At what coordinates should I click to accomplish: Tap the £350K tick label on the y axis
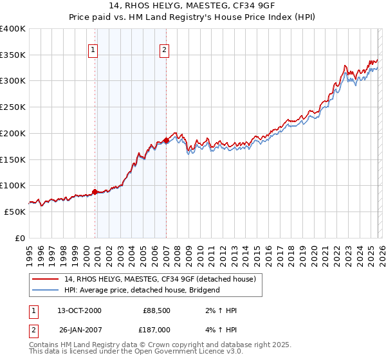point(13,55)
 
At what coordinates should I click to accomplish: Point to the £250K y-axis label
point(13,107)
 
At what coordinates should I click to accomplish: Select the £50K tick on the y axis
point(15,212)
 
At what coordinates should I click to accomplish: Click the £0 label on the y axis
point(21,238)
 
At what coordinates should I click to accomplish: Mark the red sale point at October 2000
point(95,192)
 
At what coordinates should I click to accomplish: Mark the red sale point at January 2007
point(167,140)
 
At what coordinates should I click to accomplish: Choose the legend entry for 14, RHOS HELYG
point(160,279)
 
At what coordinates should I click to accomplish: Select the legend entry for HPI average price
point(142,290)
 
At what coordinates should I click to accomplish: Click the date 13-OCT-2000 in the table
point(79,310)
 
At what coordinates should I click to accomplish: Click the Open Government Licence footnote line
point(136,352)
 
